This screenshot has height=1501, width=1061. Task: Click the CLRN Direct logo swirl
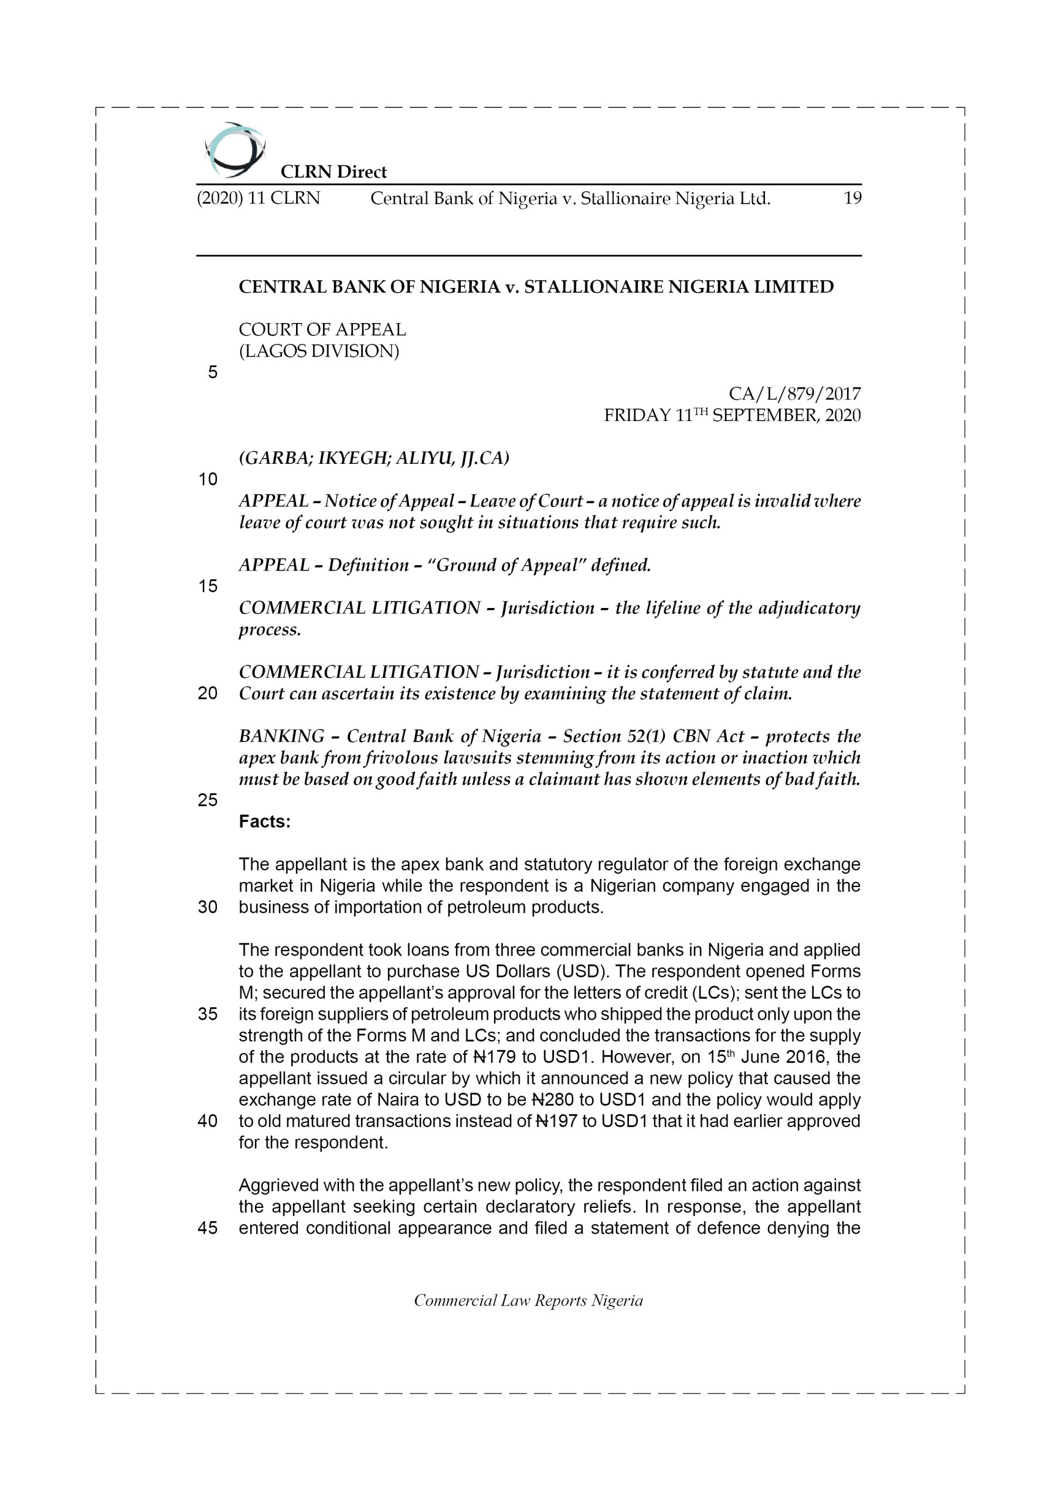[x=234, y=150]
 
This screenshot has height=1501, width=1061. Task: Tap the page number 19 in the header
[x=852, y=198]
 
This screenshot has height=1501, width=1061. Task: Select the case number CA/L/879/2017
[x=794, y=394]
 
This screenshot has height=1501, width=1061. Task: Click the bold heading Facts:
[x=265, y=822]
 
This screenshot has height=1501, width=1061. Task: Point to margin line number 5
[x=212, y=373]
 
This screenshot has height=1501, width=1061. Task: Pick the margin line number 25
[x=208, y=800]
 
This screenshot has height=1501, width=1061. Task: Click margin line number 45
[x=208, y=1228]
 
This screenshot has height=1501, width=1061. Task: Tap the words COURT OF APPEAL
[x=322, y=330]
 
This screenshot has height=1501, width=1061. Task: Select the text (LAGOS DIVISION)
[x=318, y=351]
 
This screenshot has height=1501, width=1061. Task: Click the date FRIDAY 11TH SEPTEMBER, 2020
[x=732, y=416]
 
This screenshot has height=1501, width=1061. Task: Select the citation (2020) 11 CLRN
[x=259, y=198]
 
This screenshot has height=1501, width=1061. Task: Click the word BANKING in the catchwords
[x=281, y=737]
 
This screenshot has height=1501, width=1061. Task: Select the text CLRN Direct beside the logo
[x=334, y=172]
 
